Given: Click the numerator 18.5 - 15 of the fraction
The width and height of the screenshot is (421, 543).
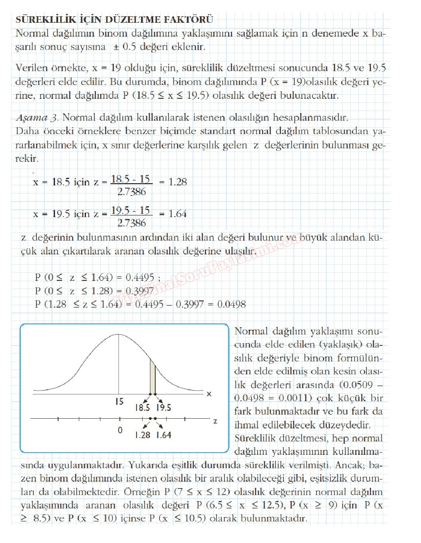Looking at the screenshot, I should [x=130, y=179].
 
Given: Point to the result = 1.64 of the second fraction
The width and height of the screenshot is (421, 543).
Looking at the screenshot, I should [x=173, y=214].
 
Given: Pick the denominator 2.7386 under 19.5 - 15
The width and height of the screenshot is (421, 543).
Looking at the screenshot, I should [x=131, y=223].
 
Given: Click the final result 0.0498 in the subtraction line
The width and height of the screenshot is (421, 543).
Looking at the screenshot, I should [x=232, y=304].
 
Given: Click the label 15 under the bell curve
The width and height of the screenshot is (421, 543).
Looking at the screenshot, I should [x=119, y=402].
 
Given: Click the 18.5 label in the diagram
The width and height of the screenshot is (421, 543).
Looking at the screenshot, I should [x=142, y=408].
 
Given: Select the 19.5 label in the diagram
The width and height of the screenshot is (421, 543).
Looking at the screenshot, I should [x=164, y=408].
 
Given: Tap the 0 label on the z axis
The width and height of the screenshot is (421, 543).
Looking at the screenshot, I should [x=120, y=430].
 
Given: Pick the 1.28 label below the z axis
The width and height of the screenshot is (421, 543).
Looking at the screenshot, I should [x=143, y=435].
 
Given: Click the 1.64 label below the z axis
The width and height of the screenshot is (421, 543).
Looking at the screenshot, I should [x=164, y=435].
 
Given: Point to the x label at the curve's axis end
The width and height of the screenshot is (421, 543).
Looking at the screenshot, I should [x=209, y=394].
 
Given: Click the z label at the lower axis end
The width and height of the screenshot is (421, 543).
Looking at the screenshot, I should [x=215, y=421].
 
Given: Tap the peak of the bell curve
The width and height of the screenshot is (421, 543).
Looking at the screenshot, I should [x=119, y=334].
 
